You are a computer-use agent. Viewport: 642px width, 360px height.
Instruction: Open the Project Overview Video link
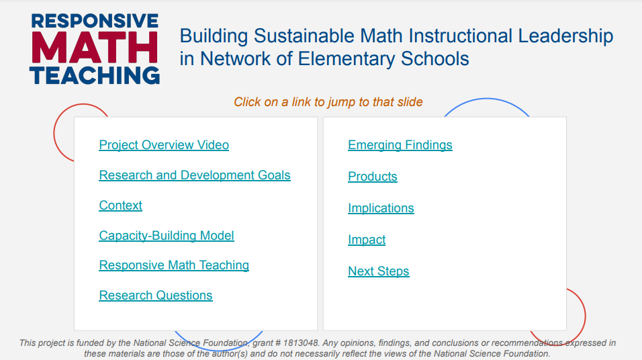[164, 145]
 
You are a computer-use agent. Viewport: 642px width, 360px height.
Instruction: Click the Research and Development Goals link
[195, 175]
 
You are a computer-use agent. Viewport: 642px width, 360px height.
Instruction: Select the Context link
[120, 206]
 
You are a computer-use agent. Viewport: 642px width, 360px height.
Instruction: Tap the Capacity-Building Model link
[167, 236]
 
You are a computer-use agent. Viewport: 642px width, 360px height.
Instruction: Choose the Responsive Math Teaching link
[174, 265]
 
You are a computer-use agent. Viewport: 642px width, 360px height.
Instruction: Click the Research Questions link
[156, 296]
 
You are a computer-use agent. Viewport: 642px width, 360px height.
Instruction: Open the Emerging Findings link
[400, 145]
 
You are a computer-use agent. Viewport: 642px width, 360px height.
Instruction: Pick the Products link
[373, 177]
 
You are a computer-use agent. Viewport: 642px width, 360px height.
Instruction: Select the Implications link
[381, 208]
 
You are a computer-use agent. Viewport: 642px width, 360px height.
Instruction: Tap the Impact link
[367, 240]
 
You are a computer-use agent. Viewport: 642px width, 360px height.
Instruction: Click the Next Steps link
[378, 271]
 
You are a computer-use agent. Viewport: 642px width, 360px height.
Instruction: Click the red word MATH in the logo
[95, 48]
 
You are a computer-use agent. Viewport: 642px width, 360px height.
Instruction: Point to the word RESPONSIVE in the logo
[95, 21]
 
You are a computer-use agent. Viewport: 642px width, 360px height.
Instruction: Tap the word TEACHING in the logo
[95, 75]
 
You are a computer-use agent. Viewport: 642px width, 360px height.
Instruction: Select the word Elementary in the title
[347, 59]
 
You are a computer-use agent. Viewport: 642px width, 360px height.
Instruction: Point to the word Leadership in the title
[565, 36]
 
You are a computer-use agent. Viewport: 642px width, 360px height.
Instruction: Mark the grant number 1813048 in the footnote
[301, 343]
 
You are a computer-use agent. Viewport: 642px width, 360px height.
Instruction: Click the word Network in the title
[235, 59]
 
